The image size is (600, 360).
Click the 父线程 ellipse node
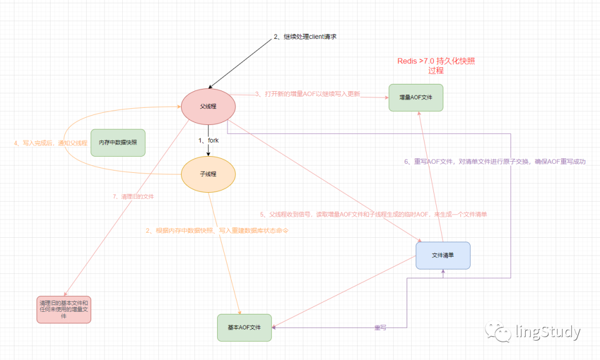pos(208,106)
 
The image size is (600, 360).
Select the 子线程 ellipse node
pos(208,174)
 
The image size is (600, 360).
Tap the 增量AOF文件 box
pos(416,98)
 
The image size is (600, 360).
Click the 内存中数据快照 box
pos(118,143)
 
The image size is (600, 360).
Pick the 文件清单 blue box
pos(443,256)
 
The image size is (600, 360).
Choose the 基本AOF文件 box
pos(244,327)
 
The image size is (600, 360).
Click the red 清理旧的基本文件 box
pos(64,309)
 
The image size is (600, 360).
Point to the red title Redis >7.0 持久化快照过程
pos(436,66)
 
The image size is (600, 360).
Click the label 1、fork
pos(208,141)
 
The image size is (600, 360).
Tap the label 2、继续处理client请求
pos(305,37)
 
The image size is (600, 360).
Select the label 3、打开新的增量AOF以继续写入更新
pos(308,94)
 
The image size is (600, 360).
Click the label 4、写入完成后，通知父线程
pos(51,143)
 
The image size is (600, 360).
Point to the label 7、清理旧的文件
pos(133,196)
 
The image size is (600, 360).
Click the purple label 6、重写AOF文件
pos(495,162)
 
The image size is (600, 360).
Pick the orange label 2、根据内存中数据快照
pos(217,231)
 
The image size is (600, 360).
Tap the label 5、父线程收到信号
pos(373,214)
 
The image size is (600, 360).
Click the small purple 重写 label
pos(380,327)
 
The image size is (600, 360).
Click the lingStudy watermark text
pos(548,331)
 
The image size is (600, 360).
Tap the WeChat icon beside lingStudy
pos(498,331)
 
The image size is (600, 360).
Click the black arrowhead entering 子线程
pos(208,153)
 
